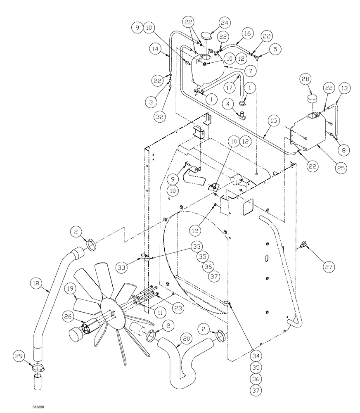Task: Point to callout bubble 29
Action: (x=20, y=356)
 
